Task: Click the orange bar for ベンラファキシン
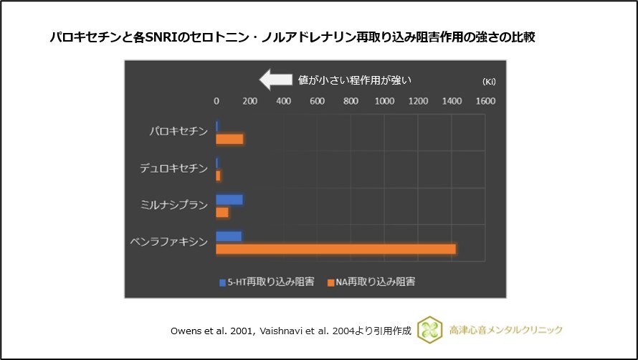(x=335, y=249)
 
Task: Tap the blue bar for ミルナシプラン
(x=229, y=200)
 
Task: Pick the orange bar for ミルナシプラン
(x=222, y=212)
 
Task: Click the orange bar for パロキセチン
(x=229, y=138)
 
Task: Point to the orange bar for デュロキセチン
(x=219, y=176)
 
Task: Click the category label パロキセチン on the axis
(x=178, y=132)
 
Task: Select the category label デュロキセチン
(x=173, y=169)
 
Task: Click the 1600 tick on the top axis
(x=485, y=101)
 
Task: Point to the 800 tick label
(x=351, y=101)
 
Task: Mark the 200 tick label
(x=249, y=101)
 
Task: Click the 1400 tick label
(x=452, y=101)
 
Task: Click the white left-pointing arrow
(x=275, y=80)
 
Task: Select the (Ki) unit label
(x=489, y=81)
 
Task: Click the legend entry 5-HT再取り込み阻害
(x=266, y=282)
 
